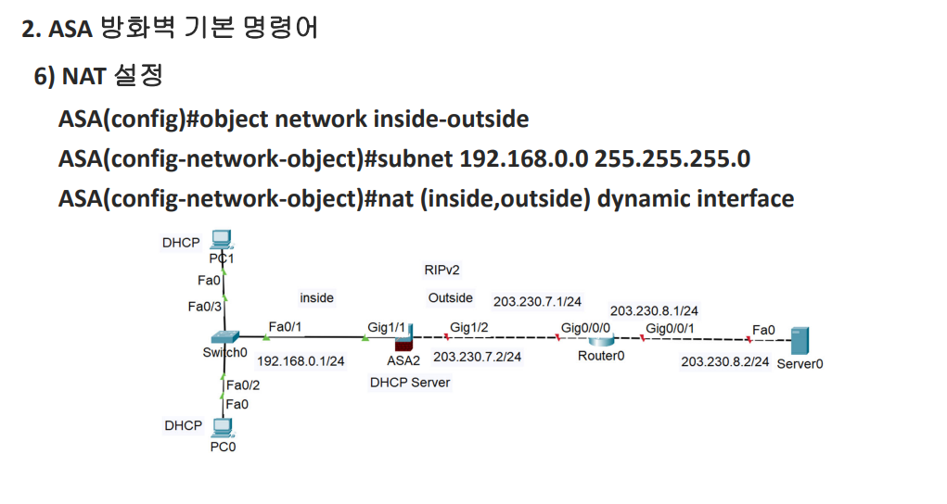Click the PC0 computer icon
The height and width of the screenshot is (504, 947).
click(x=222, y=427)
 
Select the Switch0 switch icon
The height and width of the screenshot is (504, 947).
click(x=224, y=337)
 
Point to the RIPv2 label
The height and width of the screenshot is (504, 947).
click(x=442, y=270)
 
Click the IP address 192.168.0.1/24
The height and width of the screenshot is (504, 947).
click(x=301, y=361)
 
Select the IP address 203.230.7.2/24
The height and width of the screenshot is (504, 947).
click(x=477, y=356)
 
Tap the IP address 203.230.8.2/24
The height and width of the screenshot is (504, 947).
click(x=724, y=361)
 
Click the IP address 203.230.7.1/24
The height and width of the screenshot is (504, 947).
click(x=537, y=301)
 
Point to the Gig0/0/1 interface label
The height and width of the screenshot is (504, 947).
click(x=670, y=328)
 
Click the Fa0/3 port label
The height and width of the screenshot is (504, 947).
click(x=204, y=307)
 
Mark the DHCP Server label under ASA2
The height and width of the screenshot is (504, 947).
click(x=410, y=382)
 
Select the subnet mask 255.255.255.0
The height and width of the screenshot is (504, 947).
click(x=672, y=158)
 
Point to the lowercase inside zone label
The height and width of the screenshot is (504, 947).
click(x=316, y=297)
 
